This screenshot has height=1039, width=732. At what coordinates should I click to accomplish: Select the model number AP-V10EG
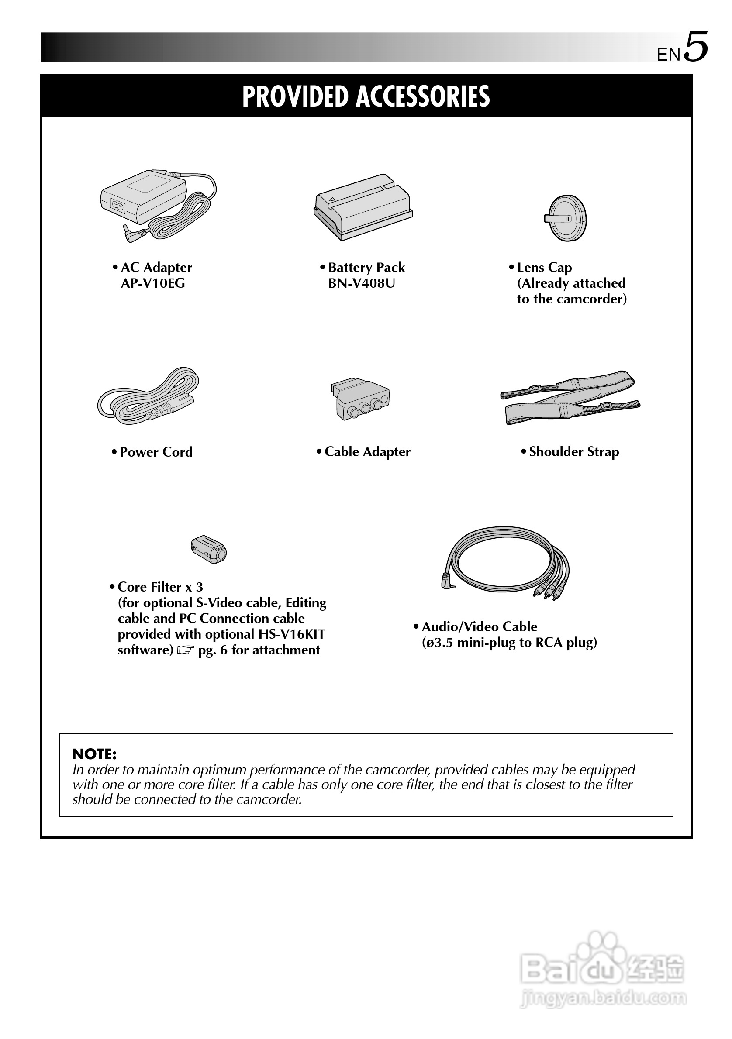click(152, 284)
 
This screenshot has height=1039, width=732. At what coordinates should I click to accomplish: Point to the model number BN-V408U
click(361, 284)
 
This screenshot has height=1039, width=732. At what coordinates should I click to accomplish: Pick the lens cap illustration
click(566, 219)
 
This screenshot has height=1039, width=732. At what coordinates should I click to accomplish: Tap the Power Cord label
click(156, 452)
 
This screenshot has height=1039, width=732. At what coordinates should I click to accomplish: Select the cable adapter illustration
click(360, 399)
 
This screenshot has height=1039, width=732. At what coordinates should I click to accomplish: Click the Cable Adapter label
click(367, 452)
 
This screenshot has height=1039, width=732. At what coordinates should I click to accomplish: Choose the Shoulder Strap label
click(573, 452)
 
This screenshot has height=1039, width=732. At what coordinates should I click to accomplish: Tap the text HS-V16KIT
click(291, 634)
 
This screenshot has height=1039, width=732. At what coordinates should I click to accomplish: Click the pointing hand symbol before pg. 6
click(185, 650)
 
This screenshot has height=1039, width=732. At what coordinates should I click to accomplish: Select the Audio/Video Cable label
click(479, 627)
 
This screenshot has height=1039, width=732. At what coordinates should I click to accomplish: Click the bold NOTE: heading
click(94, 754)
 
